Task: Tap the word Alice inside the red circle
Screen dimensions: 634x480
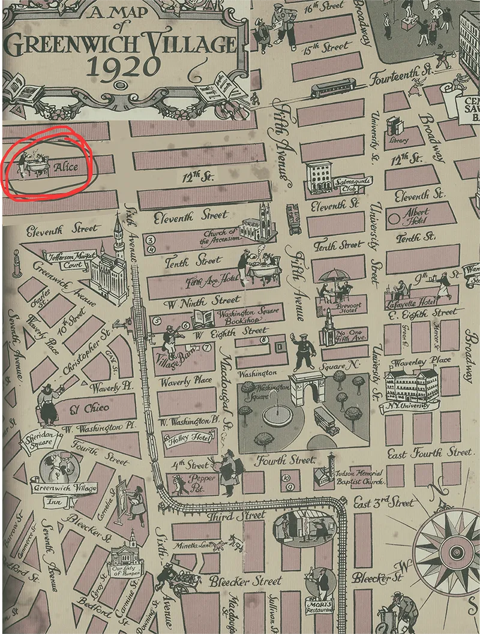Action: (x=65, y=167)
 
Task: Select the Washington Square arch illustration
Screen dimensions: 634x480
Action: (x=307, y=390)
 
